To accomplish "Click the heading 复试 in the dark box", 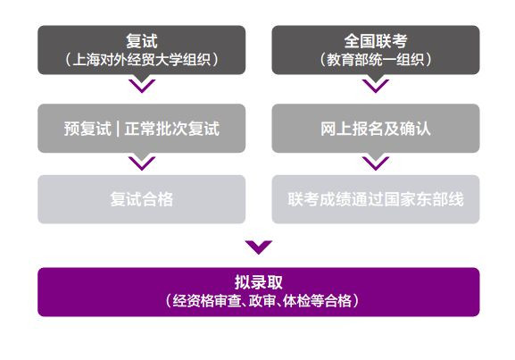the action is pyautogui.click(x=142, y=41).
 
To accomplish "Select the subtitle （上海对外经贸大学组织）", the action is pyautogui.click(x=142, y=60).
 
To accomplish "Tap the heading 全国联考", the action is pyautogui.click(x=376, y=41).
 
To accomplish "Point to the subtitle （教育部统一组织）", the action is pyautogui.click(x=376, y=60).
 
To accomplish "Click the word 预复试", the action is pyautogui.click(x=87, y=129).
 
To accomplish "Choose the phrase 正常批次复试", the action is pyautogui.click(x=171, y=129).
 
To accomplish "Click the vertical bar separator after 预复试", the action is pyautogui.click(x=118, y=129).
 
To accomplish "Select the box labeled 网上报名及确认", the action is pyautogui.click(x=376, y=129).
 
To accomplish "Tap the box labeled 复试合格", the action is pyautogui.click(x=142, y=199).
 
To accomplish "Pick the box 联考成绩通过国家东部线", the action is pyautogui.click(x=376, y=199).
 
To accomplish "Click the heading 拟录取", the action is pyautogui.click(x=259, y=282).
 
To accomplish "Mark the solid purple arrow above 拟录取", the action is pyautogui.click(x=259, y=247).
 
